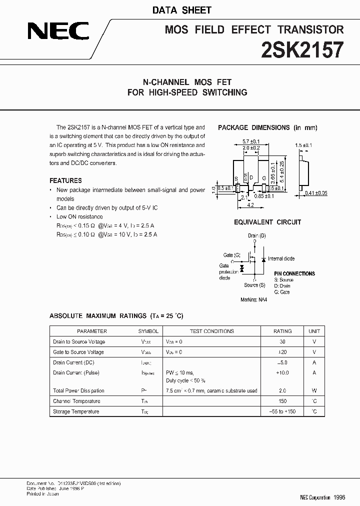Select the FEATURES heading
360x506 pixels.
pyautogui.click(x=65, y=180)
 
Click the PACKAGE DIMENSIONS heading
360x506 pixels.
pyautogui.click(x=267, y=127)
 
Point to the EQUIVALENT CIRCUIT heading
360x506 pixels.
pyautogui.click(x=267, y=222)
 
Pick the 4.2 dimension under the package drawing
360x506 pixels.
pyautogui.click(x=251, y=204)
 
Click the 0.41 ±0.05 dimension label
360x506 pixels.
pyautogui.click(x=316, y=193)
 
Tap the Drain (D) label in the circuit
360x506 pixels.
pyautogui.click(x=257, y=235)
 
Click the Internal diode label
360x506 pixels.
pyautogui.click(x=281, y=258)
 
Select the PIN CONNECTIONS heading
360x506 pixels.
pyautogui.click(x=294, y=273)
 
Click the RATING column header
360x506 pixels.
pyautogui.click(x=282, y=331)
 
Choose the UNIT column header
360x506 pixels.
pyautogui.click(x=314, y=331)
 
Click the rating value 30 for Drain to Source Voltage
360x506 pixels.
pyautogui.click(x=282, y=341)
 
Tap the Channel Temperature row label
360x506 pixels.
pyautogui.click(x=76, y=401)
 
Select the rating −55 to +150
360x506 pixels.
pyautogui.click(x=282, y=411)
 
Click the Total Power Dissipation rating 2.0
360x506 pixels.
pyautogui.click(x=282, y=390)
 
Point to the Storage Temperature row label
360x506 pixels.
pyautogui.click(x=76, y=411)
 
